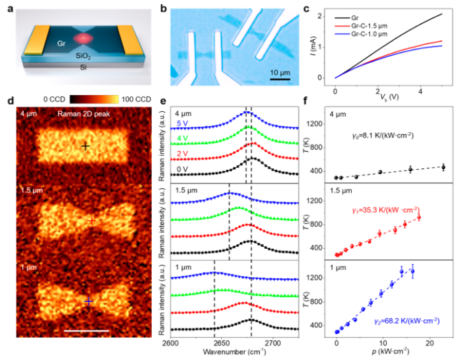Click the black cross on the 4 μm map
pyautogui.click(x=85, y=147)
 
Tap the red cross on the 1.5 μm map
pyautogui.click(x=91, y=221)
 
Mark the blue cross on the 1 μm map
pyautogui.click(x=89, y=301)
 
